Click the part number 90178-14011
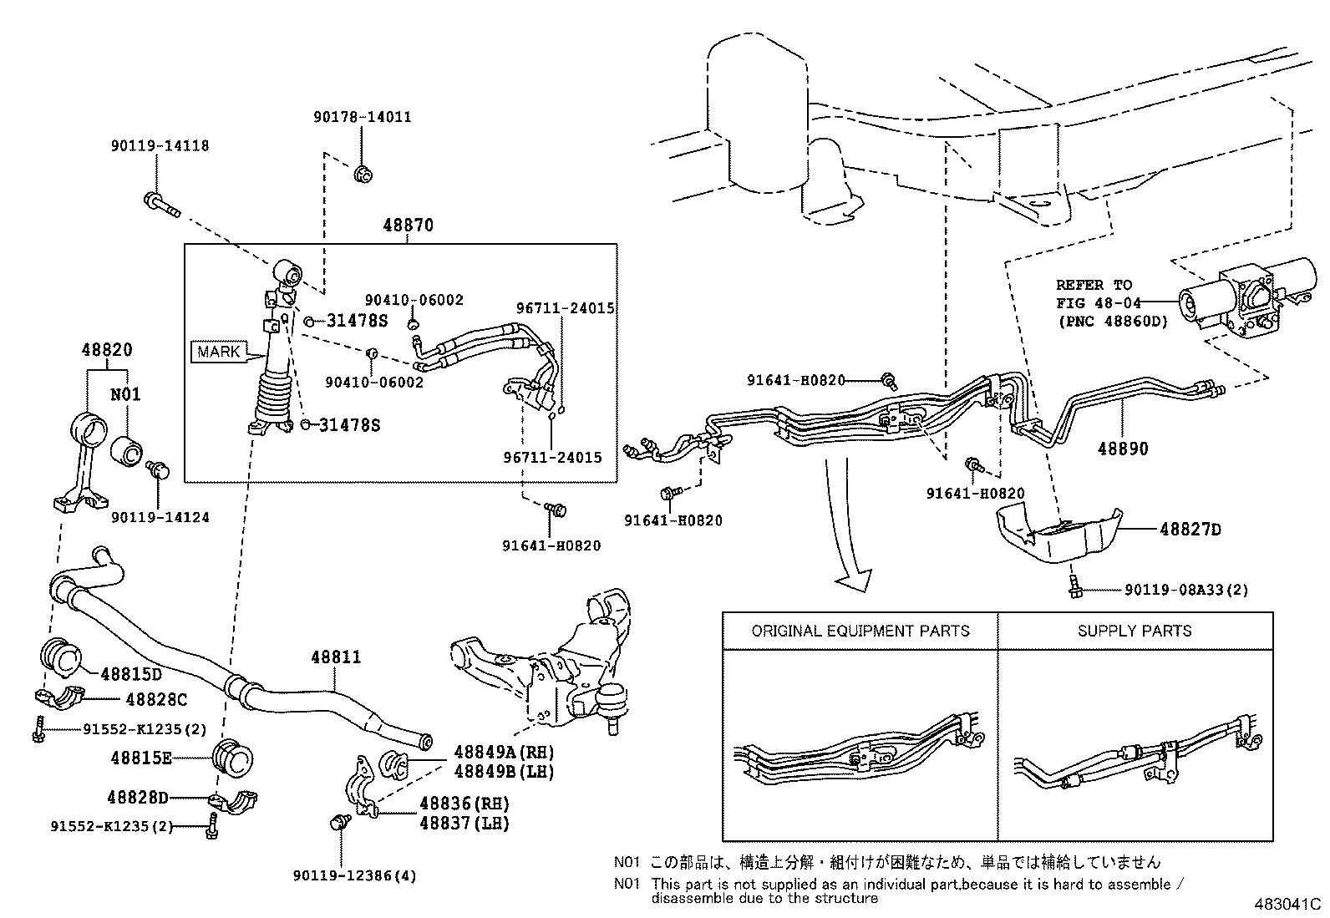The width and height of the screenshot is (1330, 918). click(x=362, y=118)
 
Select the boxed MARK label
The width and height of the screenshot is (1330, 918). click(x=219, y=352)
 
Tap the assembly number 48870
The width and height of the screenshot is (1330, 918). click(x=409, y=226)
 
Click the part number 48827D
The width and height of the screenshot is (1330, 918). click(x=1190, y=530)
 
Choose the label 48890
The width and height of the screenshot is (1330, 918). click(x=1123, y=449)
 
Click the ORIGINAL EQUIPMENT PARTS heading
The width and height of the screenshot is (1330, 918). click(x=860, y=631)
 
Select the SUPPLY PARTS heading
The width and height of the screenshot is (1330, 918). click(x=1135, y=631)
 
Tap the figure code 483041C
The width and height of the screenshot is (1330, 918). click(x=1286, y=904)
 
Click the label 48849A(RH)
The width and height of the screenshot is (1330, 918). click(x=504, y=752)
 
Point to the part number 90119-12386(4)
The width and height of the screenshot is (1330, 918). click(x=354, y=876)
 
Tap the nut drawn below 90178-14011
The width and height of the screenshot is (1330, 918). click(x=363, y=175)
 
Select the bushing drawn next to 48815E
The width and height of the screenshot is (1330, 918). click(x=233, y=758)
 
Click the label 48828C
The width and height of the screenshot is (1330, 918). click(x=155, y=698)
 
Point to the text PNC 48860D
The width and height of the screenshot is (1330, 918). click(x=1112, y=321)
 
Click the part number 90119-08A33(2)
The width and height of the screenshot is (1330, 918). click(x=1186, y=590)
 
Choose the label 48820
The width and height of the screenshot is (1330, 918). click(x=107, y=351)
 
